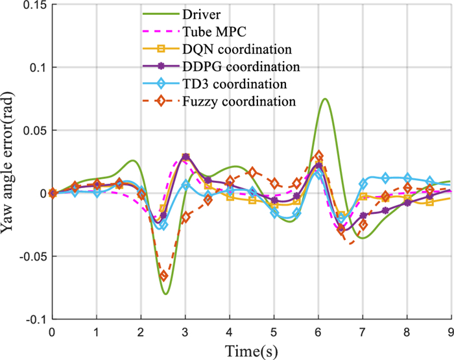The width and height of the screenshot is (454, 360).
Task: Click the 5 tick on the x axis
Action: [x=274, y=331]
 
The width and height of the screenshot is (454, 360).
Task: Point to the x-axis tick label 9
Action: [x=450, y=331]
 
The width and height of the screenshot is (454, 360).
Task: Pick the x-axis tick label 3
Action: [x=185, y=331]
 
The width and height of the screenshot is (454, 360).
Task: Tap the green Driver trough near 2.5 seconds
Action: [x=166, y=294]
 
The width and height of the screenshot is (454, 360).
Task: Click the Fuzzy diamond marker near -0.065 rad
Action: [x=163, y=276]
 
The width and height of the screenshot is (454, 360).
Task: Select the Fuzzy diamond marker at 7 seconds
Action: [x=363, y=224]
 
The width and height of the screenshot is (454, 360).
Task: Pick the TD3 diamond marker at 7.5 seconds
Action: [x=385, y=178]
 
